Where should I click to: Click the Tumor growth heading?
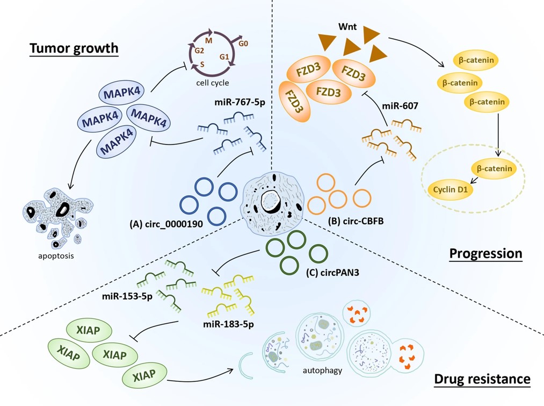[74, 48]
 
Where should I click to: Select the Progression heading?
[486, 253]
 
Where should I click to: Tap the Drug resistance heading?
[482, 379]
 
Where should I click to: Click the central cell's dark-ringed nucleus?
[272, 202]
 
